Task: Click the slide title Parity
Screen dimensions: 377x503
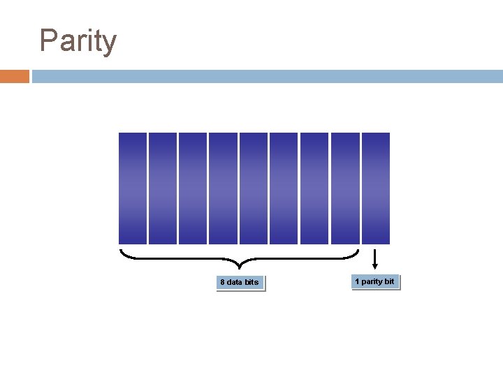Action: click(78, 41)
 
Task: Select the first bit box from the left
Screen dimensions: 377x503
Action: click(133, 188)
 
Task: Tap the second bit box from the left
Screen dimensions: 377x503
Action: click(163, 188)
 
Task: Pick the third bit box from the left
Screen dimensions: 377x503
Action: click(193, 188)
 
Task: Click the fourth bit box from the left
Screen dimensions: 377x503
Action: click(223, 188)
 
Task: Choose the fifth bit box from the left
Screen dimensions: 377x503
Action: click(254, 188)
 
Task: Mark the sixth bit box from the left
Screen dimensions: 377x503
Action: click(284, 188)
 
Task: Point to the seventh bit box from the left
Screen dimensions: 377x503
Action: click(314, 188)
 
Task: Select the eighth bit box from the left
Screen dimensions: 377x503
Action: click(344, 188)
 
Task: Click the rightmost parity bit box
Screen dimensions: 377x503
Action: click(376, 188)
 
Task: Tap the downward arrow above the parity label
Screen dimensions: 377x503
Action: click(375, 259)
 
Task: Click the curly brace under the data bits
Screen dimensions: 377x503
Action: click(240, 260)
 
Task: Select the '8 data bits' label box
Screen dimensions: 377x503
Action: click(240, 283)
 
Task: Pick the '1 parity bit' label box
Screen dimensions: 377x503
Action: click(375, 282)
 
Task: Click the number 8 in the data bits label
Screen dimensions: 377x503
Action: click(222, 283)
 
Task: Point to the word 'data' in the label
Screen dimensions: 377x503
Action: click(234, 283)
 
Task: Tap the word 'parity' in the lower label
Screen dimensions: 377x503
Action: click(373, 282)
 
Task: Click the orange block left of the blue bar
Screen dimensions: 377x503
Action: click(14, 76)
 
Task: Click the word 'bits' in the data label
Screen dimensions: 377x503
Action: click(251, 283)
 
